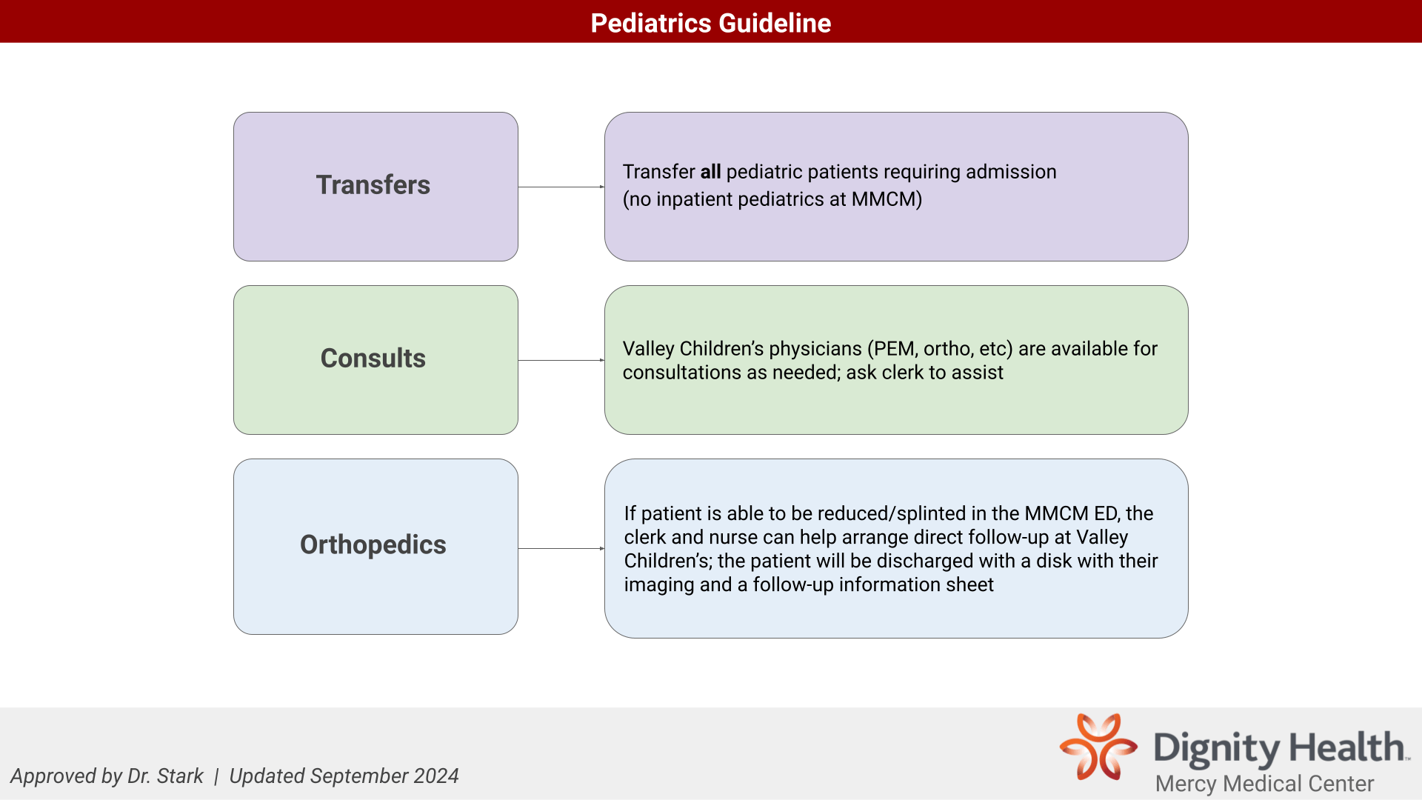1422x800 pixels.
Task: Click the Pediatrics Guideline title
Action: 711,23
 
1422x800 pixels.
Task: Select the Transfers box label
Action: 373,184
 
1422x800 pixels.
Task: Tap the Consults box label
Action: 373,358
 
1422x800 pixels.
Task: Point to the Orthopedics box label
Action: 373,544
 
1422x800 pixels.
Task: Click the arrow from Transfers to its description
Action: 561,187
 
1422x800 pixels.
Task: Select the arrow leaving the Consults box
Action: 561,360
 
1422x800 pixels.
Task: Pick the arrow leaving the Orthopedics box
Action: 561,548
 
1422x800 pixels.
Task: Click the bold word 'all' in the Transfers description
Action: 711,171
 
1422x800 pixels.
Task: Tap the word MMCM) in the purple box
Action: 887,199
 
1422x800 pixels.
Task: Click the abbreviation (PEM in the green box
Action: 892,349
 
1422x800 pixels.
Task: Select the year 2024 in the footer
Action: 436,776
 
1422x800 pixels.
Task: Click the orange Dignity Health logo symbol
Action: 1098,746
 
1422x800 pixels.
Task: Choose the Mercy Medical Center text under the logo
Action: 1265,784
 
